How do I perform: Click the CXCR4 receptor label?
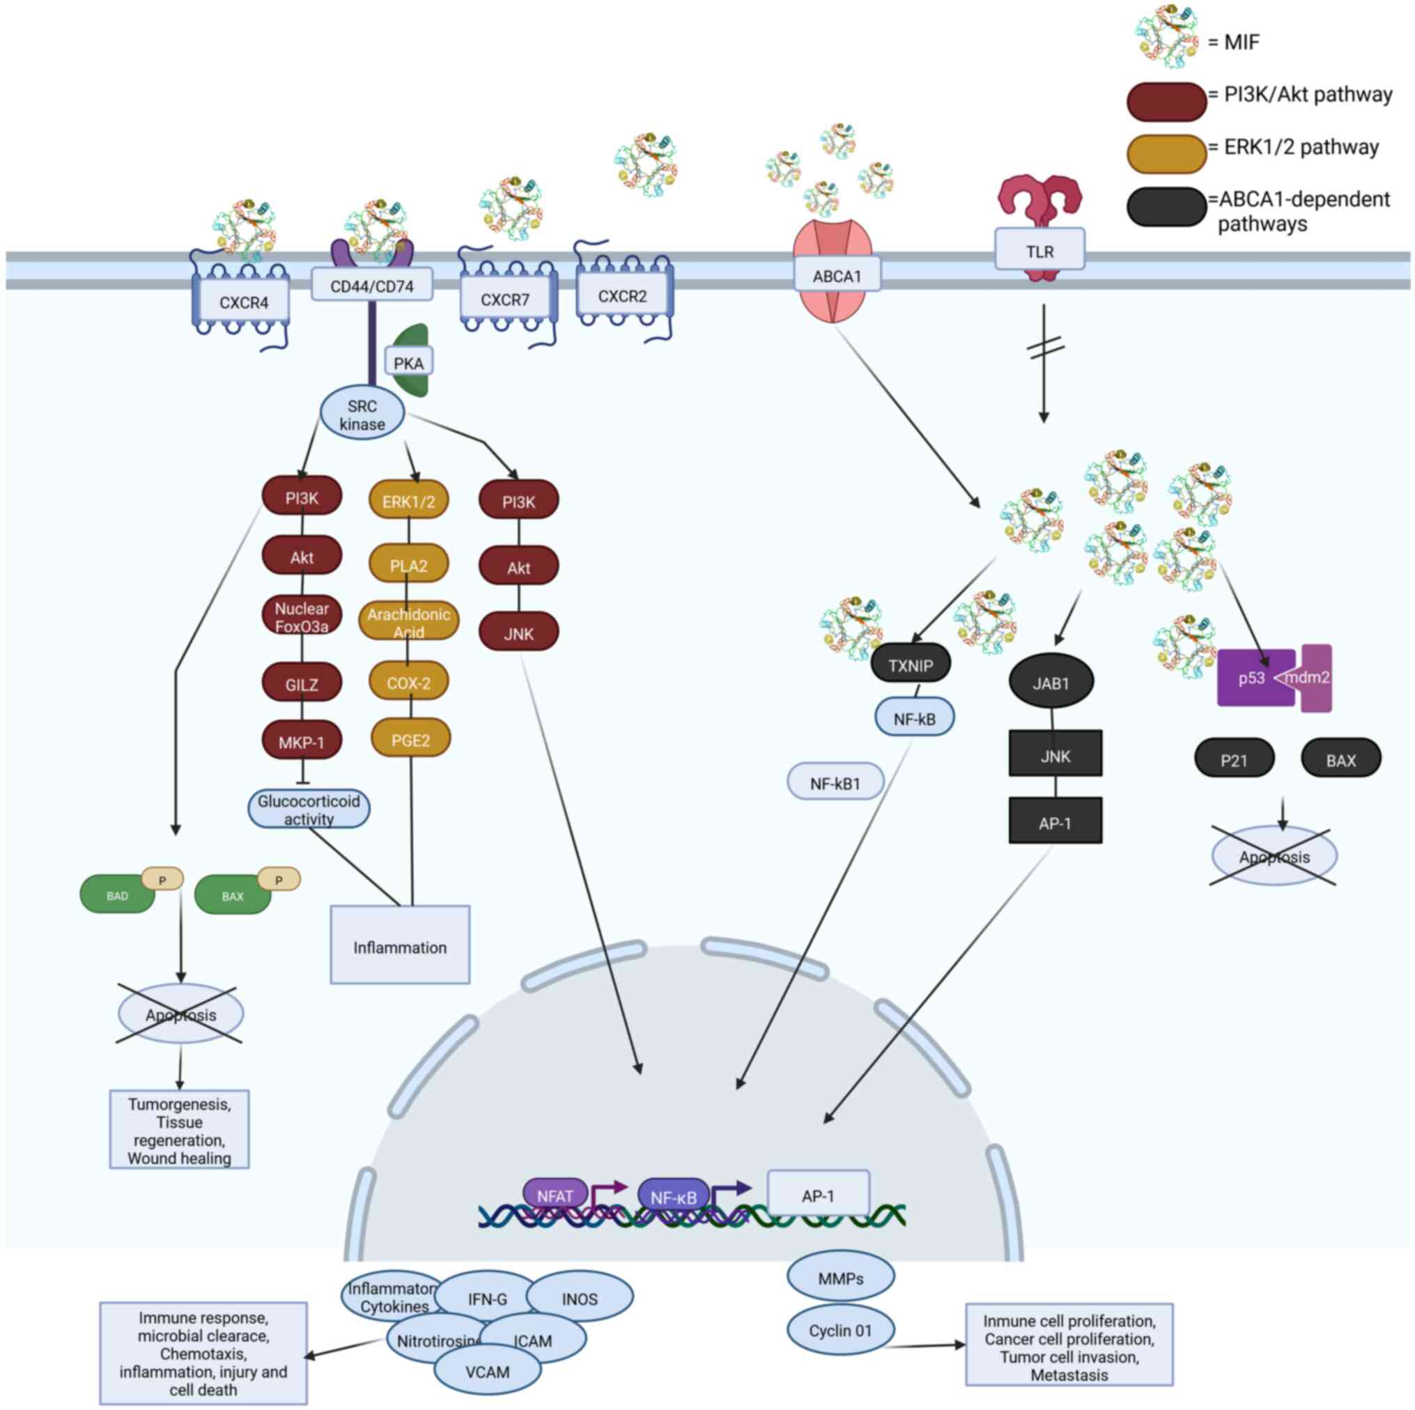click(243, 302)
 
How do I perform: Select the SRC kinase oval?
click(362, 415)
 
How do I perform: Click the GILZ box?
click(302, 684)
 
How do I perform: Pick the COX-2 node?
click(409, 683)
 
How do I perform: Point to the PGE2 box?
click(410, 740)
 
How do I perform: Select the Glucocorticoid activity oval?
click(309, 809)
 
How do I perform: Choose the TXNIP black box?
click(911, 665)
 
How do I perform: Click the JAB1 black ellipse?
click(1051, 683)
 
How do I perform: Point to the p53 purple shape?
click(1252, 678)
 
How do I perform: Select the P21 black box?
click(1234, 759)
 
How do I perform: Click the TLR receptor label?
click(1039, 251)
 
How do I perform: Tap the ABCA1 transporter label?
click(837, 276)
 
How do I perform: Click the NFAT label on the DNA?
click(555, 1195)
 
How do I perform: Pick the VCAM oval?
click(487, 1371)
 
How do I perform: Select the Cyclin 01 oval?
click(840, 1330)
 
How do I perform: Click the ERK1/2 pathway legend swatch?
click(1166, 153)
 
